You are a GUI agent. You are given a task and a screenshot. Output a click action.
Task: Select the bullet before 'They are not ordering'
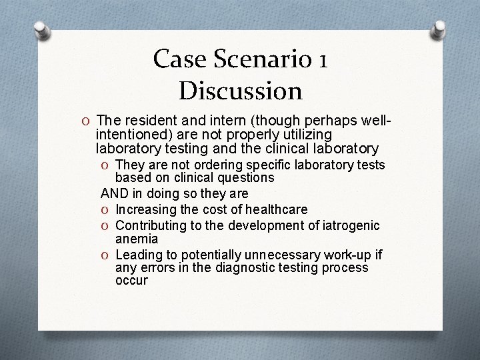[x=106, y=165]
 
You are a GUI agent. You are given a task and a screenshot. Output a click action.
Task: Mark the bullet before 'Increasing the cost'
[x=106, y=209]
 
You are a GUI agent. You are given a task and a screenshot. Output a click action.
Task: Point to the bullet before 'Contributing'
[x=106, y=225]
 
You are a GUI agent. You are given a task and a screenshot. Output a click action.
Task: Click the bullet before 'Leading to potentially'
[x=106, y=254]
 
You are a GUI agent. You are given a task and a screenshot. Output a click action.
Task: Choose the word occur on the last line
[x=131, y=281]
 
